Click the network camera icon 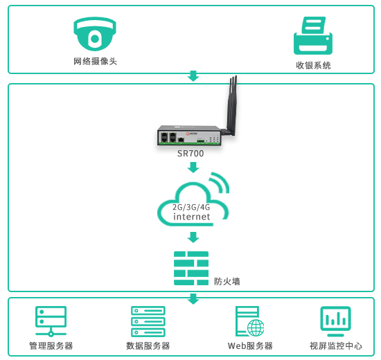(x=95, y=34)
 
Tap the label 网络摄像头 (x=96, y=61)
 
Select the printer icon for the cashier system (x=313, y=35)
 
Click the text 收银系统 (x=313, y=65)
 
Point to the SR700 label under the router (x=190, y=154)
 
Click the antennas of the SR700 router (x=231, y=106)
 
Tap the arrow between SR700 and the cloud (x=193, y=168)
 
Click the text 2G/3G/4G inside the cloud (x=191, y=207)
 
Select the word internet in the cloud (x=192, y=217)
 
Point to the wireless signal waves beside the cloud (x=220, y=182)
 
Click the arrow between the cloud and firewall (x=193, y=237)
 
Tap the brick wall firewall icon (x=191, y=268)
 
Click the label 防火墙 (x=227, y=282)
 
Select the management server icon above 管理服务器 (x=51, y=321)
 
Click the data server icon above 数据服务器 (x=148, y=321)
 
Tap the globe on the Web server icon (x=256, y=327)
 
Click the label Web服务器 (x=250, y=346)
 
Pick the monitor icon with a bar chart (x=335, y=321)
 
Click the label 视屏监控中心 (x=336, y=346)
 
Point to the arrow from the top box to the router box (x=193, y=76)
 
